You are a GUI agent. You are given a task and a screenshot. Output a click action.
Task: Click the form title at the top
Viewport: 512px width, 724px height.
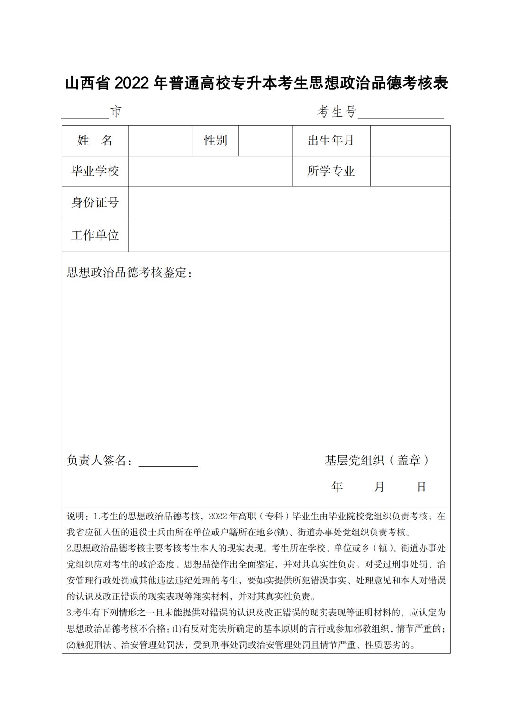click(256, 83)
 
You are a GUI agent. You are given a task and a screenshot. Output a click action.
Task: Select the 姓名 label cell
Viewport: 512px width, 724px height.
click(95, 141)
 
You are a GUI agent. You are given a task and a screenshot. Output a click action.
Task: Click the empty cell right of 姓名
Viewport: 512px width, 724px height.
click(161, 141)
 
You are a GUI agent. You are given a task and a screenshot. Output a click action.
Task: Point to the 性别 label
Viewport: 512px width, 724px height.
click(216, 141)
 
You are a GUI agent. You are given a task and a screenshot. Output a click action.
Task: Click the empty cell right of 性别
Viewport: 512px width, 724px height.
click(265, 141)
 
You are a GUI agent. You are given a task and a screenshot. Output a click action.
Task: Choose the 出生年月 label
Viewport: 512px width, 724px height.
click(331, 141)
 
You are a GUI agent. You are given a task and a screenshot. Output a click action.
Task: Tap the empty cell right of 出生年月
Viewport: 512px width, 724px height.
click(410, 141)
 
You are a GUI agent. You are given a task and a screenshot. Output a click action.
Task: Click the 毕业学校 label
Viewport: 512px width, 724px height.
click(95, 171)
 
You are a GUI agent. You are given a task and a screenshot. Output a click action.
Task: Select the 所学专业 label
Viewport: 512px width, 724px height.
click(331, 171)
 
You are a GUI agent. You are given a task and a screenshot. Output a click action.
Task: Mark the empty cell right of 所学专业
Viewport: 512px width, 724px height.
click(410, 171)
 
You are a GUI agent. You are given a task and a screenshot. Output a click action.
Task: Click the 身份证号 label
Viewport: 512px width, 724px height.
click(95, 202)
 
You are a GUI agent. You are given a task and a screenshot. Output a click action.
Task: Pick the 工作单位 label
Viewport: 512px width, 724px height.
click(95, 235)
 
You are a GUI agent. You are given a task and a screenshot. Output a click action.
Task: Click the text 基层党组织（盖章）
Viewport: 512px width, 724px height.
click(377, 460)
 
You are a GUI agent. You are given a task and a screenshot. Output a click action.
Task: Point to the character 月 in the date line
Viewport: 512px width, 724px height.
click(379, 487)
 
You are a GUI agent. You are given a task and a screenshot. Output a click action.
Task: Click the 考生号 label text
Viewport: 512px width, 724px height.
click(337, 112)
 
